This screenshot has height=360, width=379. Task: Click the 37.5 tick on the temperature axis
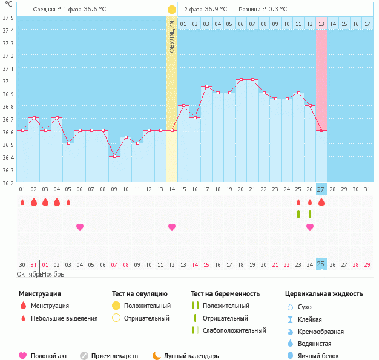8,18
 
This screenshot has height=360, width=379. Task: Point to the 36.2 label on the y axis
8,182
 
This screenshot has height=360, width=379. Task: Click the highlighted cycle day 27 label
321,189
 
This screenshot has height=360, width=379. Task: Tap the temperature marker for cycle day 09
114,156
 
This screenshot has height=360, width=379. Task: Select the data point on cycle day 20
241,80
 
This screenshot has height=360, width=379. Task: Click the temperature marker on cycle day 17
206,87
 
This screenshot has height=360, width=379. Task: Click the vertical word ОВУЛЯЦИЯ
172,36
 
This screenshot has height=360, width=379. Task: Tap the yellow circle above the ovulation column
172,10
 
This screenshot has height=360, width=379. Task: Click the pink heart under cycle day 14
172,227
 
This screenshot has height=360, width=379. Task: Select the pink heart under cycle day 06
80,227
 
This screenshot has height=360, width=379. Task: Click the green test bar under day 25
298,214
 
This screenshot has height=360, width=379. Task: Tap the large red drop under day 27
321,202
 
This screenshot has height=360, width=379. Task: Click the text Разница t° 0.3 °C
263,10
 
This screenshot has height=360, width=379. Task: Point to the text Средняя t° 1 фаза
61,10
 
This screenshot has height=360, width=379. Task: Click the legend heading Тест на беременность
225,294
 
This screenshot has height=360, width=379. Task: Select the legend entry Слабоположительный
234,330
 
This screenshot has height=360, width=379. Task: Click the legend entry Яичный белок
323,356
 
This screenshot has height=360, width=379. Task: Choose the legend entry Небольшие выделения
64,318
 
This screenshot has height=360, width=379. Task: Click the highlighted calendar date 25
321,264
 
